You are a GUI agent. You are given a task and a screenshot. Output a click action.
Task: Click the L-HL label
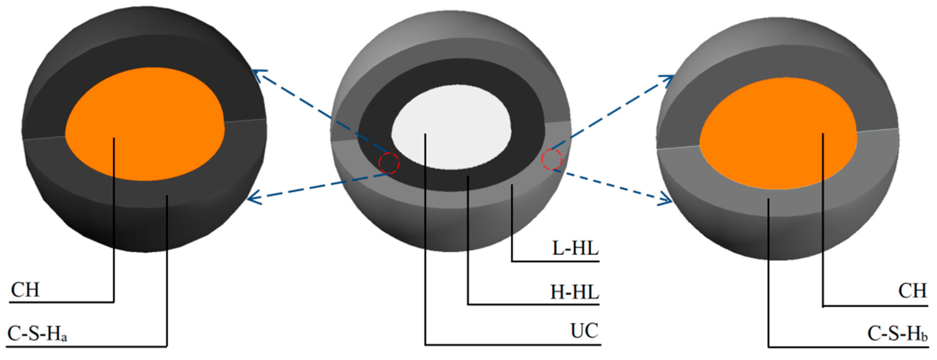pyautogui.click(x=575, y=249)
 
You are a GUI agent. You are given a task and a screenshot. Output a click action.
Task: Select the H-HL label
pyautogui.click(x=574, y=292)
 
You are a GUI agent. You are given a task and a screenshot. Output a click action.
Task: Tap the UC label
pyautogui.click(x=584, y=331)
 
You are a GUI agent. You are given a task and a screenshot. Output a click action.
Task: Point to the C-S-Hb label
pyautogui.click(x=897, y=333)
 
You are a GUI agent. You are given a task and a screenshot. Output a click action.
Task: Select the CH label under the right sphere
pyautogui.click(x=912, y=291)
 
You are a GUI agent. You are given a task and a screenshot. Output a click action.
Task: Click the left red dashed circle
pyautogui.click(x=389, y=163)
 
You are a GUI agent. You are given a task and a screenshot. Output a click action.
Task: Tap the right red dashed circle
pyautogui.click(x=552, y=159)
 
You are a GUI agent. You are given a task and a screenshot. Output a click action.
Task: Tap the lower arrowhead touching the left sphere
pyautogui.click(x=252, y=199)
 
